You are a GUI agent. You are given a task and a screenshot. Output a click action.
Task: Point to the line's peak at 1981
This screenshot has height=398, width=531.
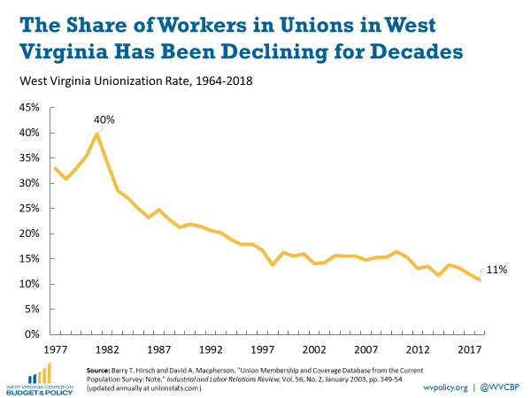[x=96, y=134]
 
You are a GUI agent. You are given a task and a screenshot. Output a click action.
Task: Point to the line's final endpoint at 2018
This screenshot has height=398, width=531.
[x=479, y=280]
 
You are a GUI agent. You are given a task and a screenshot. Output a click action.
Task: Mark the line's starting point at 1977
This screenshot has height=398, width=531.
[x=55, y=168]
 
